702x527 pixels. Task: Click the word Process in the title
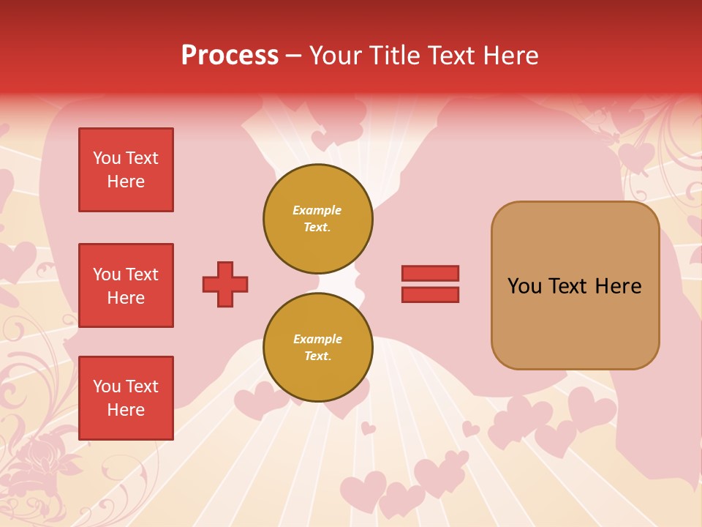(x=230, y=56)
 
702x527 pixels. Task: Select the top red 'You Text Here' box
(x=126, y=170)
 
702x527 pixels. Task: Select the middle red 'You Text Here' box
(x=126, y=285)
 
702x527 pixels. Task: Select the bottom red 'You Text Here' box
(x=126, y=398)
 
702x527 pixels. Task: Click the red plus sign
(x=225, y=284)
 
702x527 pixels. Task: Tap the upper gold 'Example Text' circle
(x=317, y=219)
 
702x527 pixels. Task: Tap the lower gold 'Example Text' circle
(x=317, y=348)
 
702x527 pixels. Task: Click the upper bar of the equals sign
(x=430, y=273)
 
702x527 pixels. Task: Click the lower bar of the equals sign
(x=430, y=294)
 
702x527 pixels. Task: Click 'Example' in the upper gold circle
(x=317, y=211)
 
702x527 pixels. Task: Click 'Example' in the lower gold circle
(x=317, y=340)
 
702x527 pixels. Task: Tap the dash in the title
(x=293, y=56)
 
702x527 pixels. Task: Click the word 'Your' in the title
(x=334, y=56)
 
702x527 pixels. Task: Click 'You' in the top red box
(x=107, y=158)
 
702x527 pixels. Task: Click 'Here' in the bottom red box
(x=126, y=410)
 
